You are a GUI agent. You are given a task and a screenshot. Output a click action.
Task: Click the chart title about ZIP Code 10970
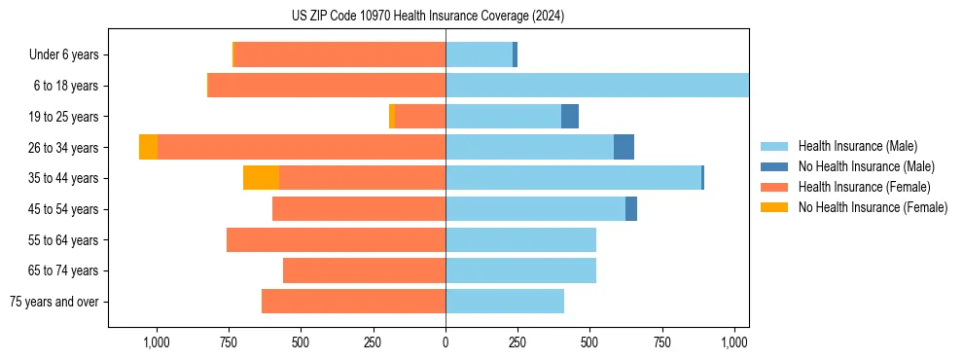click(427, 16)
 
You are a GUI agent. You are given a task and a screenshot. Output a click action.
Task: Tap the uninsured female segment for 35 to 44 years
click(261, 178)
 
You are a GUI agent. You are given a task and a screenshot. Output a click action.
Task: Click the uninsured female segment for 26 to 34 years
click(148, 147)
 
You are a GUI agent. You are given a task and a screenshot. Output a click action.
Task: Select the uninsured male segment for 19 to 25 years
click(570, 117)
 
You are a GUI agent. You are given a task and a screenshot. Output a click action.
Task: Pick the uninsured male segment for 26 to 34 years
click(624, 147)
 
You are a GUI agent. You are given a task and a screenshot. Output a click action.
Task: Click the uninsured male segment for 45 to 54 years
click(631, 209)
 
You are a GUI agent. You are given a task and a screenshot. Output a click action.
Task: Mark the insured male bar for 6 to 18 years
click(597, 86)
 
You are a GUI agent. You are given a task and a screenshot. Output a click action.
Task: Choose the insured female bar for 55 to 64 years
click(336, 240)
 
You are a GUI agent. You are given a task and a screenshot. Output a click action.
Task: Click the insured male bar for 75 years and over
click(505, 302)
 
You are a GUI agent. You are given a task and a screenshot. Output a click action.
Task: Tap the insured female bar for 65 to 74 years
click(364, 270)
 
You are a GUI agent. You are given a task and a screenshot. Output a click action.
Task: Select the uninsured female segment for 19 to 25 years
click(392, 117)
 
